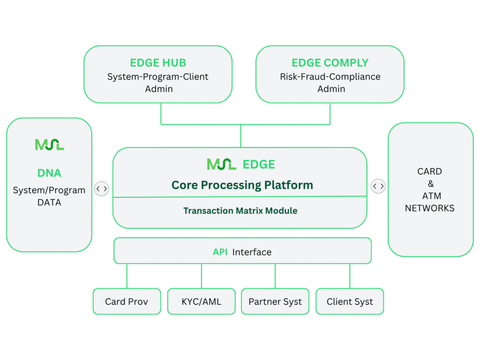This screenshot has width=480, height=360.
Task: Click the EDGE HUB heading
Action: pyautogui.click(x=158, y=63)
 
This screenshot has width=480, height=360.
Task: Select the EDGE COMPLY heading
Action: pyautogui.click(x=330, y=63)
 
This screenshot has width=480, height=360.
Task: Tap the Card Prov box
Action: pyautogui.click(x=127, y=301)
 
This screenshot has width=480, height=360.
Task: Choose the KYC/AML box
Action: pyautogui.click(x=201, y=301)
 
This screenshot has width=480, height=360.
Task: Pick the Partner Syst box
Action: pyautogui.click(x=275, y=301)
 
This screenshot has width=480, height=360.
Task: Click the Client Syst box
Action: pyautogui.click(x=350, y=301)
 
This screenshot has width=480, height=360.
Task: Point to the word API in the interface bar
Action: pyautogui.click(x=220, y=252)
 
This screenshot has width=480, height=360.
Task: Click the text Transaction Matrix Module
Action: pyautogui.click(x=240, y=210)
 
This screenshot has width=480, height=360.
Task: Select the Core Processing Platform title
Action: pyautogui.click(x=242, y=185)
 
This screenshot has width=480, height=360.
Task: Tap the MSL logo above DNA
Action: pyautogui.click(x=49, y=145)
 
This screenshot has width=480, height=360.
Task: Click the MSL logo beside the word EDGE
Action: pyautogui.click(x=222, y=164)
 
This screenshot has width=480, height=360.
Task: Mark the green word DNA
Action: pyautogui.click(x=49, y=173)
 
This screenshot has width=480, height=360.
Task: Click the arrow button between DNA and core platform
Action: pyautogui.click(x=102, y=188)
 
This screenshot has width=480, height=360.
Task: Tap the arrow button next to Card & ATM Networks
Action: pyautogui.click(x=378, y=186)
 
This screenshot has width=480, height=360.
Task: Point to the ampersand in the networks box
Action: pyautogui.click(x=430, y=184)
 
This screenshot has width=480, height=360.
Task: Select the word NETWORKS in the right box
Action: pyautogui.click(x=430, y=208)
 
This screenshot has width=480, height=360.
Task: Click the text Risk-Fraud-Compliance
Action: pyautogui.click(x=330, y=76)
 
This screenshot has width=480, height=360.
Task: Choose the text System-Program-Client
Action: pyautogui.click(x=158, y=76)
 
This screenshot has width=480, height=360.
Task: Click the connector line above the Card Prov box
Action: pyautogui.click(x=127, y=276)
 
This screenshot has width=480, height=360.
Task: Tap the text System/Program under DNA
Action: pyautogui.click(x=49, y=190)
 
